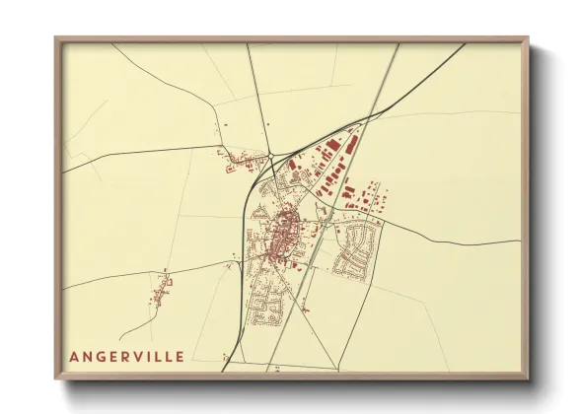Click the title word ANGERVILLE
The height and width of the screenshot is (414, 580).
126,356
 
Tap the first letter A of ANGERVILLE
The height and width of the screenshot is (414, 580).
73,356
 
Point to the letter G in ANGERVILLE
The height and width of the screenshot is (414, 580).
99,356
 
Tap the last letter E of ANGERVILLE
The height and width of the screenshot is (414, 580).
179,356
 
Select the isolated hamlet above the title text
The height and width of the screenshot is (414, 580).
161,290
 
